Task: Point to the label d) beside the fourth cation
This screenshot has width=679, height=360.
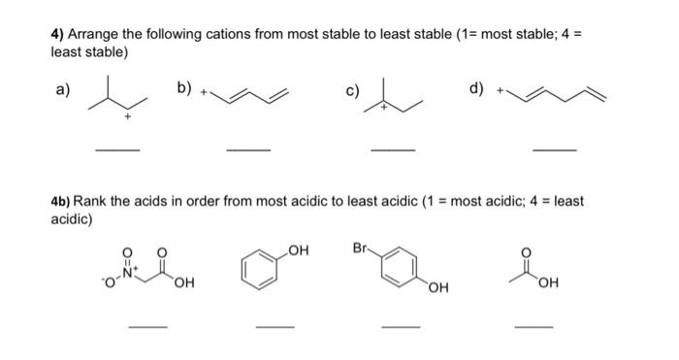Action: pos(476,89)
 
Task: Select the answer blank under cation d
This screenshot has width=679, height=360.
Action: pos(555,149)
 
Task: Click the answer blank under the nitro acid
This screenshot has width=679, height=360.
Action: pos(148,327)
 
